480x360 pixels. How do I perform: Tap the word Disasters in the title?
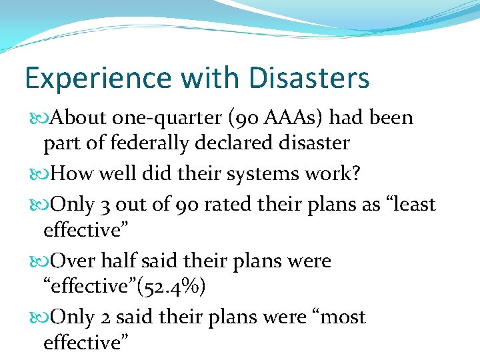[309, 78]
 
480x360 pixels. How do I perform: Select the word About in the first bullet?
[79, 118]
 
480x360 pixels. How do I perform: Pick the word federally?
[161, 143]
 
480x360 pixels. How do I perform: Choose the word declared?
[239, 143]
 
